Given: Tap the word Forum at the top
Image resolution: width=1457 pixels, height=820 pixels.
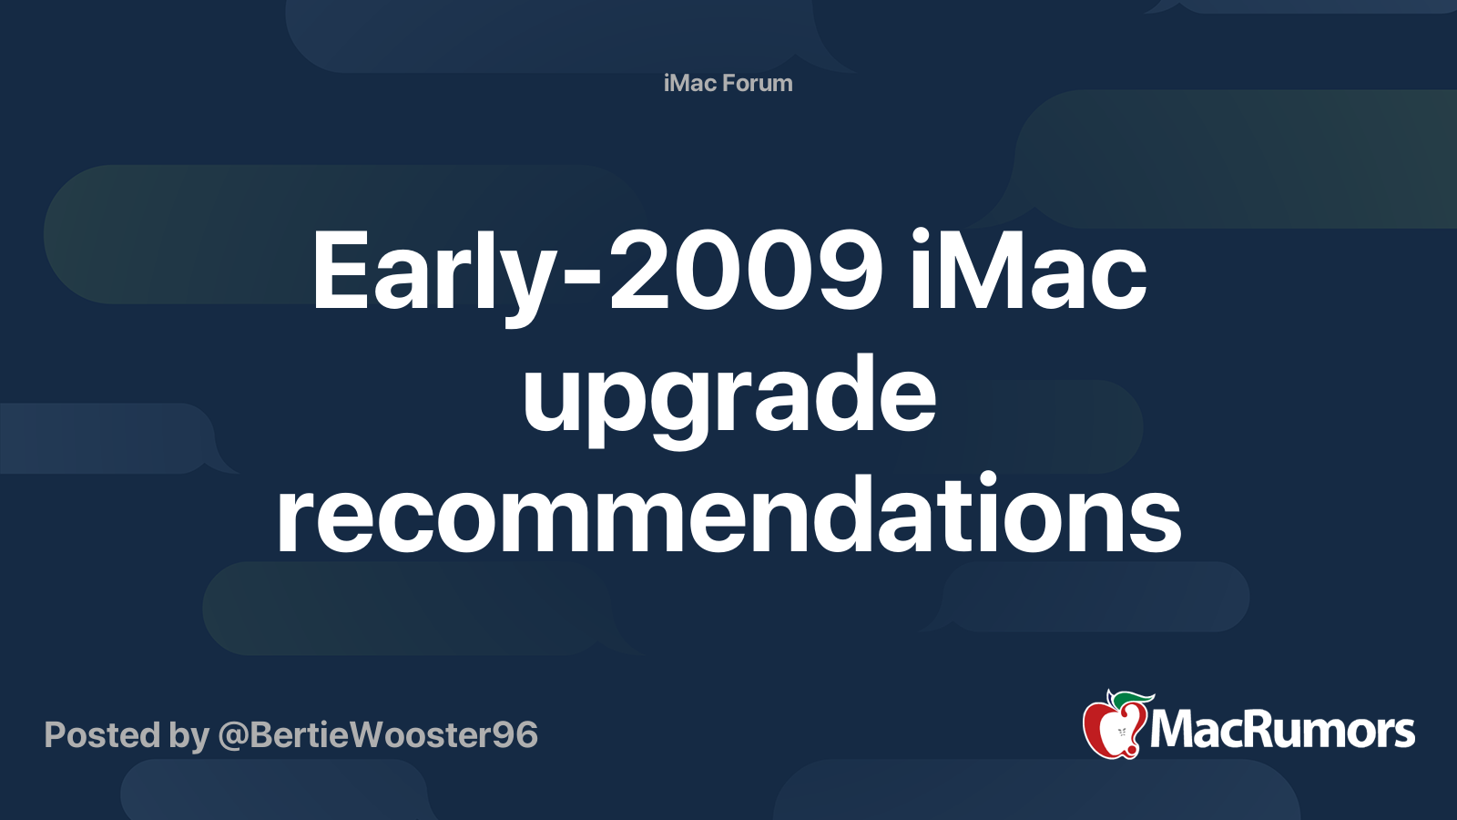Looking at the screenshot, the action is tap(758, 83).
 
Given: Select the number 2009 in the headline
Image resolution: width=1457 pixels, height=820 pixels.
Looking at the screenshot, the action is tap(746, 271).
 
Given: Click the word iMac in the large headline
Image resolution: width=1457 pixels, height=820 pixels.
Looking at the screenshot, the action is tap(1028, 271).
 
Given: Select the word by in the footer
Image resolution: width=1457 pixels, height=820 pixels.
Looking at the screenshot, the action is tap(189, 736).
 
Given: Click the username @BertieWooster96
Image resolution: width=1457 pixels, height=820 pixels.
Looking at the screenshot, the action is tap(378, 735).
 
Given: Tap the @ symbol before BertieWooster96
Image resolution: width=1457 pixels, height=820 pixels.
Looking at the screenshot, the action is tap(233, 737).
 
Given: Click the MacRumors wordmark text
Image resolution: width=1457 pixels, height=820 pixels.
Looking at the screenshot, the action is tap(1282, 732).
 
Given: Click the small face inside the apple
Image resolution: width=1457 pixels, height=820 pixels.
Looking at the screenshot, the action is tap(1121, 733).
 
